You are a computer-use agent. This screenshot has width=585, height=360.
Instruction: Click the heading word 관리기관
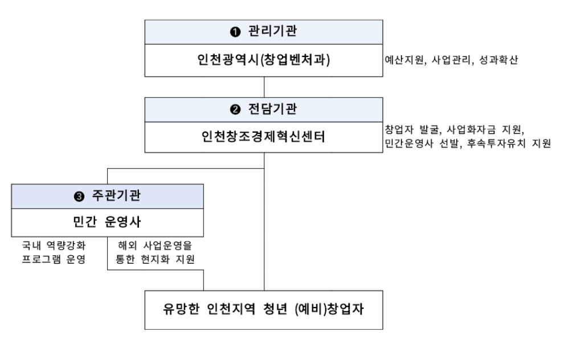271,32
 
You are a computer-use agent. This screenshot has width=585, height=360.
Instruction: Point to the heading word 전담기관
271,109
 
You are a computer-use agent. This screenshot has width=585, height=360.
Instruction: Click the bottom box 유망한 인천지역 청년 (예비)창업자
264,310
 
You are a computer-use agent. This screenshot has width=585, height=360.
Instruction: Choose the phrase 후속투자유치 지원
505,144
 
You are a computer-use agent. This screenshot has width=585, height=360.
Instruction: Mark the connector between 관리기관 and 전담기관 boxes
264,87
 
